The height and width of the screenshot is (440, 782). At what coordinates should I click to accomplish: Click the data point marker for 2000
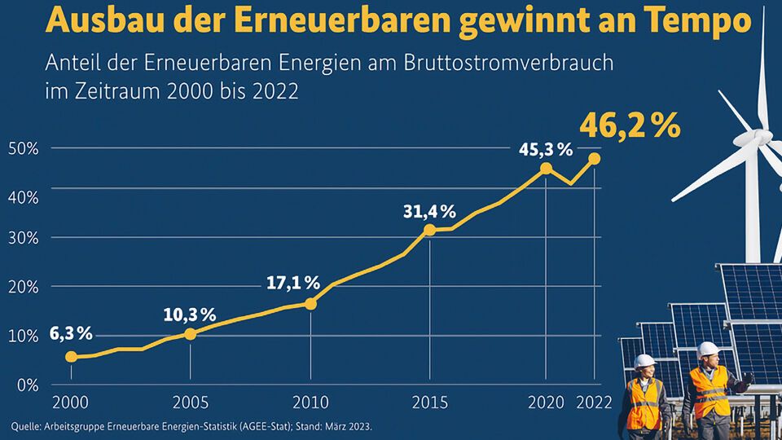pyautogui.click(x=71, y=356)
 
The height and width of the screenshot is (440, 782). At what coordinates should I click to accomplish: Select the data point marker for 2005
pyautogui.click(x=191, y=333)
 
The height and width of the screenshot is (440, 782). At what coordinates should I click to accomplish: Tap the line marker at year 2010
pyautogui.click(x=310, y=304)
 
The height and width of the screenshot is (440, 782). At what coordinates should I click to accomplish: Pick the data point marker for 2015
pyautogui.click(x=430, y=230)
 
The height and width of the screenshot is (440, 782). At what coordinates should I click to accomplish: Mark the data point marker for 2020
pyautogui.click(x=547, y=169)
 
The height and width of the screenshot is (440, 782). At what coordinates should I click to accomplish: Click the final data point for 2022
pyautogui.click(x=595, y=158)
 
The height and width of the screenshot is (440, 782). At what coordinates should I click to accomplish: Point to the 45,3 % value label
pyautogui.click(x=545, y=150)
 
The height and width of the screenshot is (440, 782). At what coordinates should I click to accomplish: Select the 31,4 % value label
pyautogui.click(x=429, y=212)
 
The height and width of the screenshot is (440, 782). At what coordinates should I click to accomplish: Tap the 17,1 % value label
pyautogui.click(x=293, y=283)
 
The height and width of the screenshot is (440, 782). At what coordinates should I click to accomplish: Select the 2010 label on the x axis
pyautogui.click(x=310, y=403)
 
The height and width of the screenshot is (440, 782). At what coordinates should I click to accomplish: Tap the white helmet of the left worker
pyautogui.click(x=644, y=361)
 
